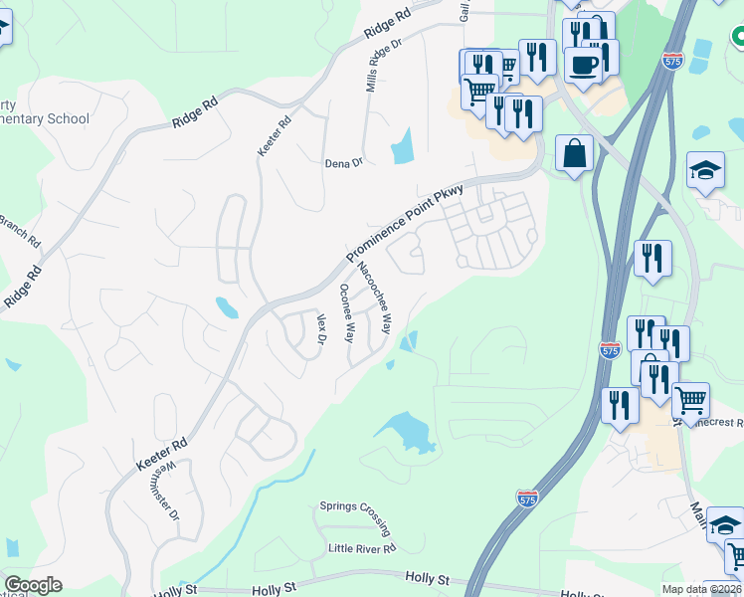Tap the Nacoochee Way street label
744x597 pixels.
374,289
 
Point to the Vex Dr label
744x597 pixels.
321,329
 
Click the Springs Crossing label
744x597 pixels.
354,505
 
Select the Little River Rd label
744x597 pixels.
362,548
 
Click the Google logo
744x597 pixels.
33,585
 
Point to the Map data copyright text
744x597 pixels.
702,589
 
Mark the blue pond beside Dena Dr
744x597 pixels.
403,146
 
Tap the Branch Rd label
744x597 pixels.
20,231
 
